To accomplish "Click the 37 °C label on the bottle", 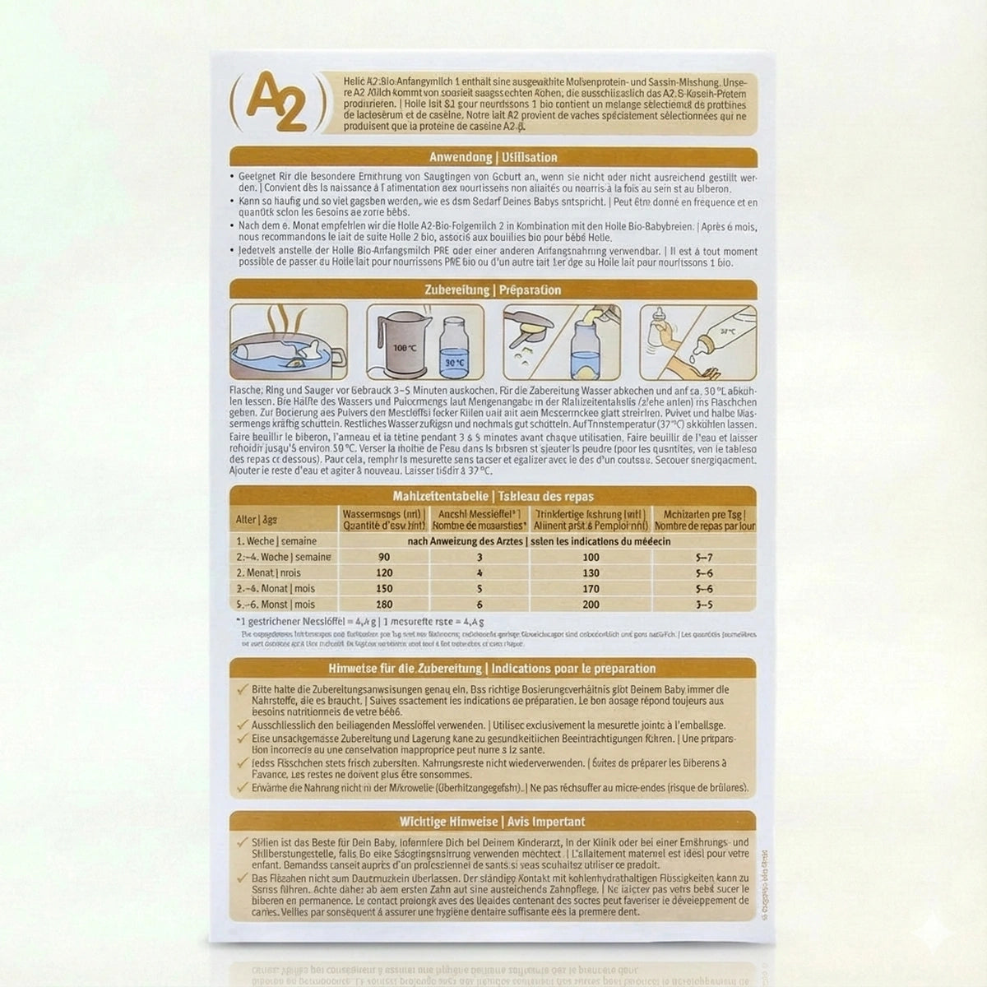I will [x=727, y=330].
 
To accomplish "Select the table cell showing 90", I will [x=383, y=557].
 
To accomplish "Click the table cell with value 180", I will [x=383, y=605].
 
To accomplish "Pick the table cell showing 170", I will [x=590, y=589].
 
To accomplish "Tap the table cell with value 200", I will [x=590, y=605].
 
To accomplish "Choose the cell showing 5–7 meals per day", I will [x=704, y=557].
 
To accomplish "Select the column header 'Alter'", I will [x=245, y=520].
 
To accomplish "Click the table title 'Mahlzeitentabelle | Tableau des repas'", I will [x=493, y=496].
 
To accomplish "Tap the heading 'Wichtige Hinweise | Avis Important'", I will [x=493, y=821].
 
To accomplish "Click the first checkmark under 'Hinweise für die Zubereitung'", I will [x=241, y=689].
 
